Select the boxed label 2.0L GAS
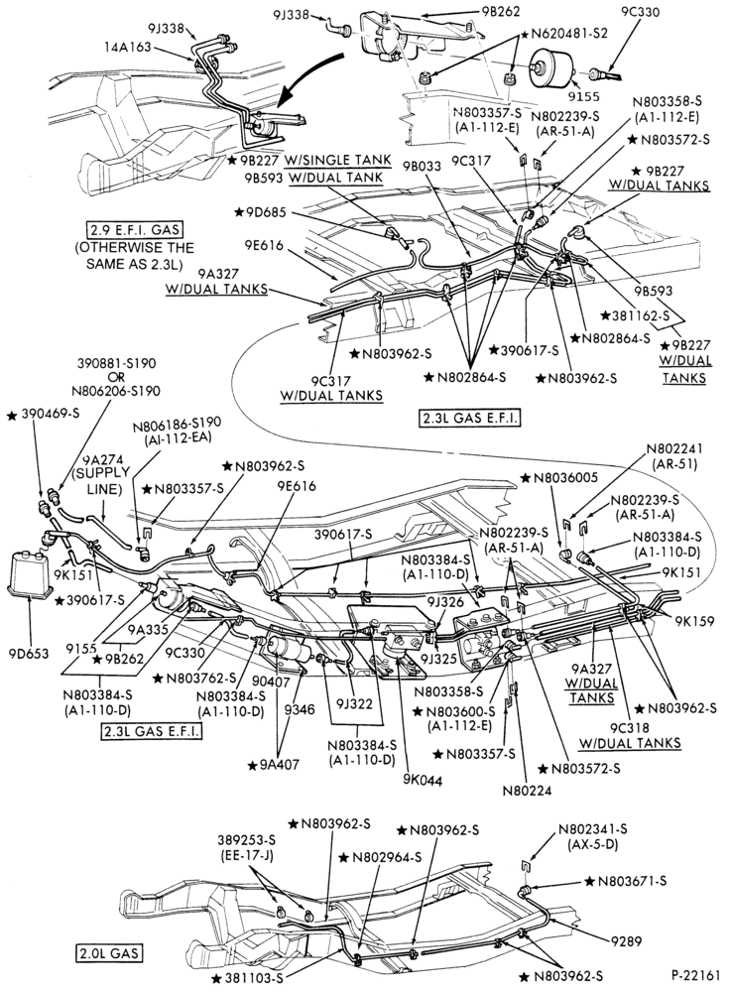[108, 952]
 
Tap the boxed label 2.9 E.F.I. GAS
[139, 229]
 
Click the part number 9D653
[29, 653]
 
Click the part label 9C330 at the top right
[640, 12]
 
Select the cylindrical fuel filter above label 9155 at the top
[550, 66]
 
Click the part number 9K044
[421, 781]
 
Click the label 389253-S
[246, 839]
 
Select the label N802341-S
[593, 829]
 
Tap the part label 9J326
[445, 601]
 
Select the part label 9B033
[424, 167]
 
